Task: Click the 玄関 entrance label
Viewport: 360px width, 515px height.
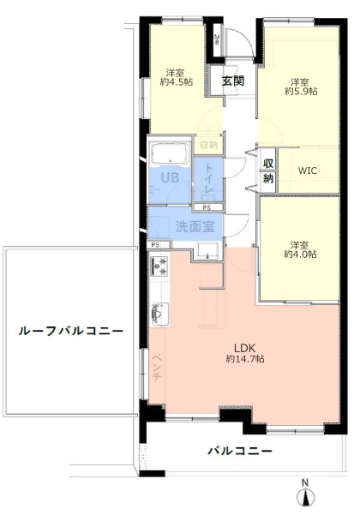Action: tap(233, 81)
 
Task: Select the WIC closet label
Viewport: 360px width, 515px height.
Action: tap(307, 170)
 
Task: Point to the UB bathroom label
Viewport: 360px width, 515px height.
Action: tap(169, 178)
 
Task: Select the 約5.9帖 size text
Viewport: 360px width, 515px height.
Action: tap(302, 88)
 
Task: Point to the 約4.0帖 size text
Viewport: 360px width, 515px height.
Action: tap(302, 255)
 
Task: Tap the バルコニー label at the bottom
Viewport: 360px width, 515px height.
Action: tap(240, 451)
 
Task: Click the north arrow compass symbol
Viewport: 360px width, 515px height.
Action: tap(304, 494)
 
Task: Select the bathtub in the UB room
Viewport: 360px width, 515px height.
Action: tap(170, 155)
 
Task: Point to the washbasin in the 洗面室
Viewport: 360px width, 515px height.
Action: tap(205, 249)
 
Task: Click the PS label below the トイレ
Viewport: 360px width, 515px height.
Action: tap(207, 207)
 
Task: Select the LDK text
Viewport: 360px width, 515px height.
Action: tap(244, 347)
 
